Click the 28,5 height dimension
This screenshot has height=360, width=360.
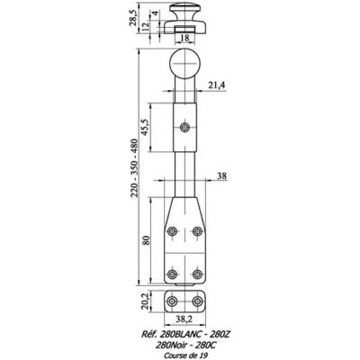(x=133, y=17)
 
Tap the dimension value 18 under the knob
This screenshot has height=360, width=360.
(x=185, y=38)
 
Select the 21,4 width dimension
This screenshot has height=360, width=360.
(x=216, y=85)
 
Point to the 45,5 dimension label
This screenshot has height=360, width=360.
(x=146, y=128)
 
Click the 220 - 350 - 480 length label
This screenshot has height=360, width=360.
(x=134, y=167)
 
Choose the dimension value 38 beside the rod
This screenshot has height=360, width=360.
(x=221, y=175)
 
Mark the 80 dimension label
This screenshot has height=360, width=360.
(x=146, y=240)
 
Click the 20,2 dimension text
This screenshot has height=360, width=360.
(x=145, y=301)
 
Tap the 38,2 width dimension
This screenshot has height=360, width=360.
(x=184, y=319)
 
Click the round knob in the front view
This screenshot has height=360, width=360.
(x=185, y=64)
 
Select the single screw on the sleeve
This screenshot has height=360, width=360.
(x=184, y=128)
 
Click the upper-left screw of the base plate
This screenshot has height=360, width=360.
(x=172, y=231)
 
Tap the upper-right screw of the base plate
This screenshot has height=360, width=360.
(x=197, y=231)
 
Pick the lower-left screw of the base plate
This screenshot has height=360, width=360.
(x=172, y=274)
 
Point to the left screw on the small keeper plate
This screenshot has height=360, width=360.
(x=172, y=301)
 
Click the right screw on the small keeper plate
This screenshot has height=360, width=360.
(x=197, y=301)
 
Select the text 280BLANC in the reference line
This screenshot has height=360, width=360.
(x=175, y=334)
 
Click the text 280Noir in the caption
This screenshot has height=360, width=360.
(x=169, y=346)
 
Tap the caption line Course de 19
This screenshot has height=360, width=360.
(x=185, y=355)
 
